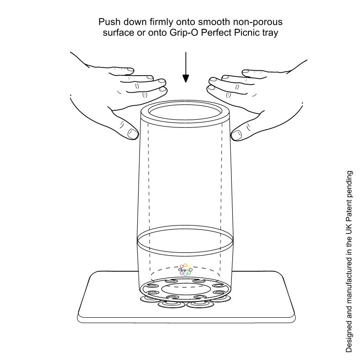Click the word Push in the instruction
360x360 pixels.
109,22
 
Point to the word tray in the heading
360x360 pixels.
271,33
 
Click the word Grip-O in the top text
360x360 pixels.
184,33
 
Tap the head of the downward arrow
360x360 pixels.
186,78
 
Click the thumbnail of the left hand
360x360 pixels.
132,133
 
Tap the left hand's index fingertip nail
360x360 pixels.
162,81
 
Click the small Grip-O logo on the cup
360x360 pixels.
185,270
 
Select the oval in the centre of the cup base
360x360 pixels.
185,289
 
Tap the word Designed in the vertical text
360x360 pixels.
349,338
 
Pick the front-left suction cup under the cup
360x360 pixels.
171,305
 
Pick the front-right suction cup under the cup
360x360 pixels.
200,305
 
